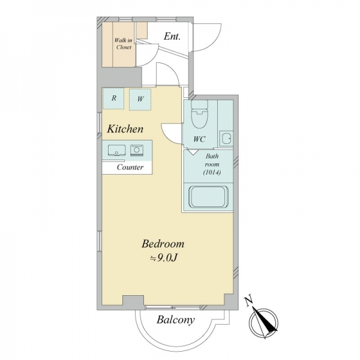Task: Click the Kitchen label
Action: (125, 129)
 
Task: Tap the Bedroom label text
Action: (163, 244)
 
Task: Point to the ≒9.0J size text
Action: (163, 258)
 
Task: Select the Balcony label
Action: (176, 320)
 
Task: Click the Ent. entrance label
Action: (172, 36)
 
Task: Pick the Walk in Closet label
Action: (124, 44)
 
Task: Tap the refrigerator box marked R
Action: (113, 98)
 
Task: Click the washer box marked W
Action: (140, 99)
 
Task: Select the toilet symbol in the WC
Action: (200, 113)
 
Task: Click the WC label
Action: (199, 139)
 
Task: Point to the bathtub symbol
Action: (208, 197)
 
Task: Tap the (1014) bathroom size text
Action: (212, 172)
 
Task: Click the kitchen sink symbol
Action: (116, 150)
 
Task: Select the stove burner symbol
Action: (137, 151)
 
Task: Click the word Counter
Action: (130, 167)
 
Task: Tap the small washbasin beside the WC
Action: (226, 138)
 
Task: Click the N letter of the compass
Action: (249, 301)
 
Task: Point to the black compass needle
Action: (265, 320)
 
